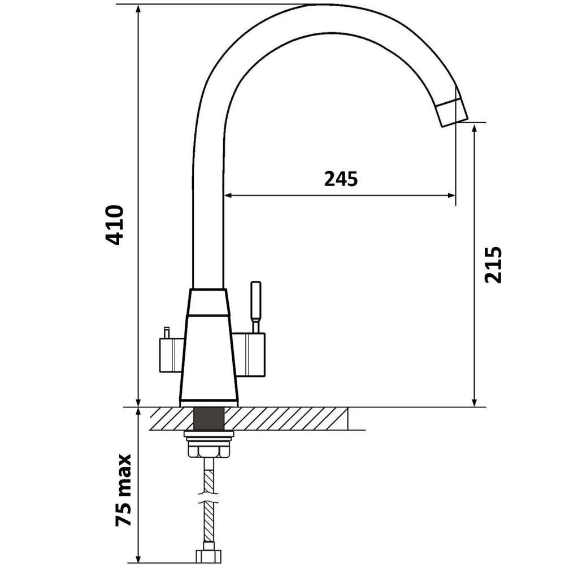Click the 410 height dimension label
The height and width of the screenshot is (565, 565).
pos(115,225)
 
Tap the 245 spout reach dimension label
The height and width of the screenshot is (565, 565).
pos(341,179)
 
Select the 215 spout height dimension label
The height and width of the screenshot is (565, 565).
pos(493,265)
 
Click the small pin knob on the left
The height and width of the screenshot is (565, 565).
pos(167,333)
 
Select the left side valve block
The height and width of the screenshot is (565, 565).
pos(172,355)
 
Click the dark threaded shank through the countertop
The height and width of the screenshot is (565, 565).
pos(209,419)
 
